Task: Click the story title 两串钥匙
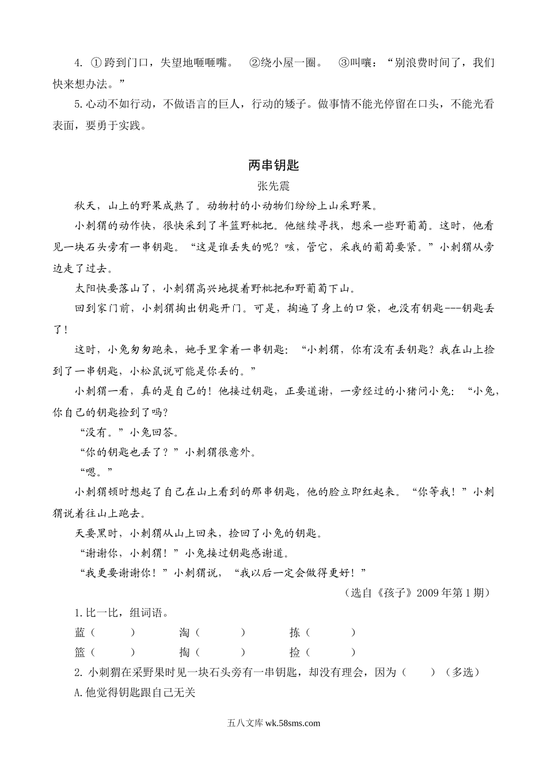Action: point(273,165)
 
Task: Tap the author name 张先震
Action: point(273,185)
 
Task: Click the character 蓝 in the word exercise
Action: point(80,632)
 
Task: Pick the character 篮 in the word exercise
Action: point(80,652)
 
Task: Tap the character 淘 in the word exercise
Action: point(184,632)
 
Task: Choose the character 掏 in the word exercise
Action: point(184,652)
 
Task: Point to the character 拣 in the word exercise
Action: point(295,632)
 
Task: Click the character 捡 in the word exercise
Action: point(295,652)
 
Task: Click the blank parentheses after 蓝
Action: point(113,632)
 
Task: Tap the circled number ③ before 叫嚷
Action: point(343,63)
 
